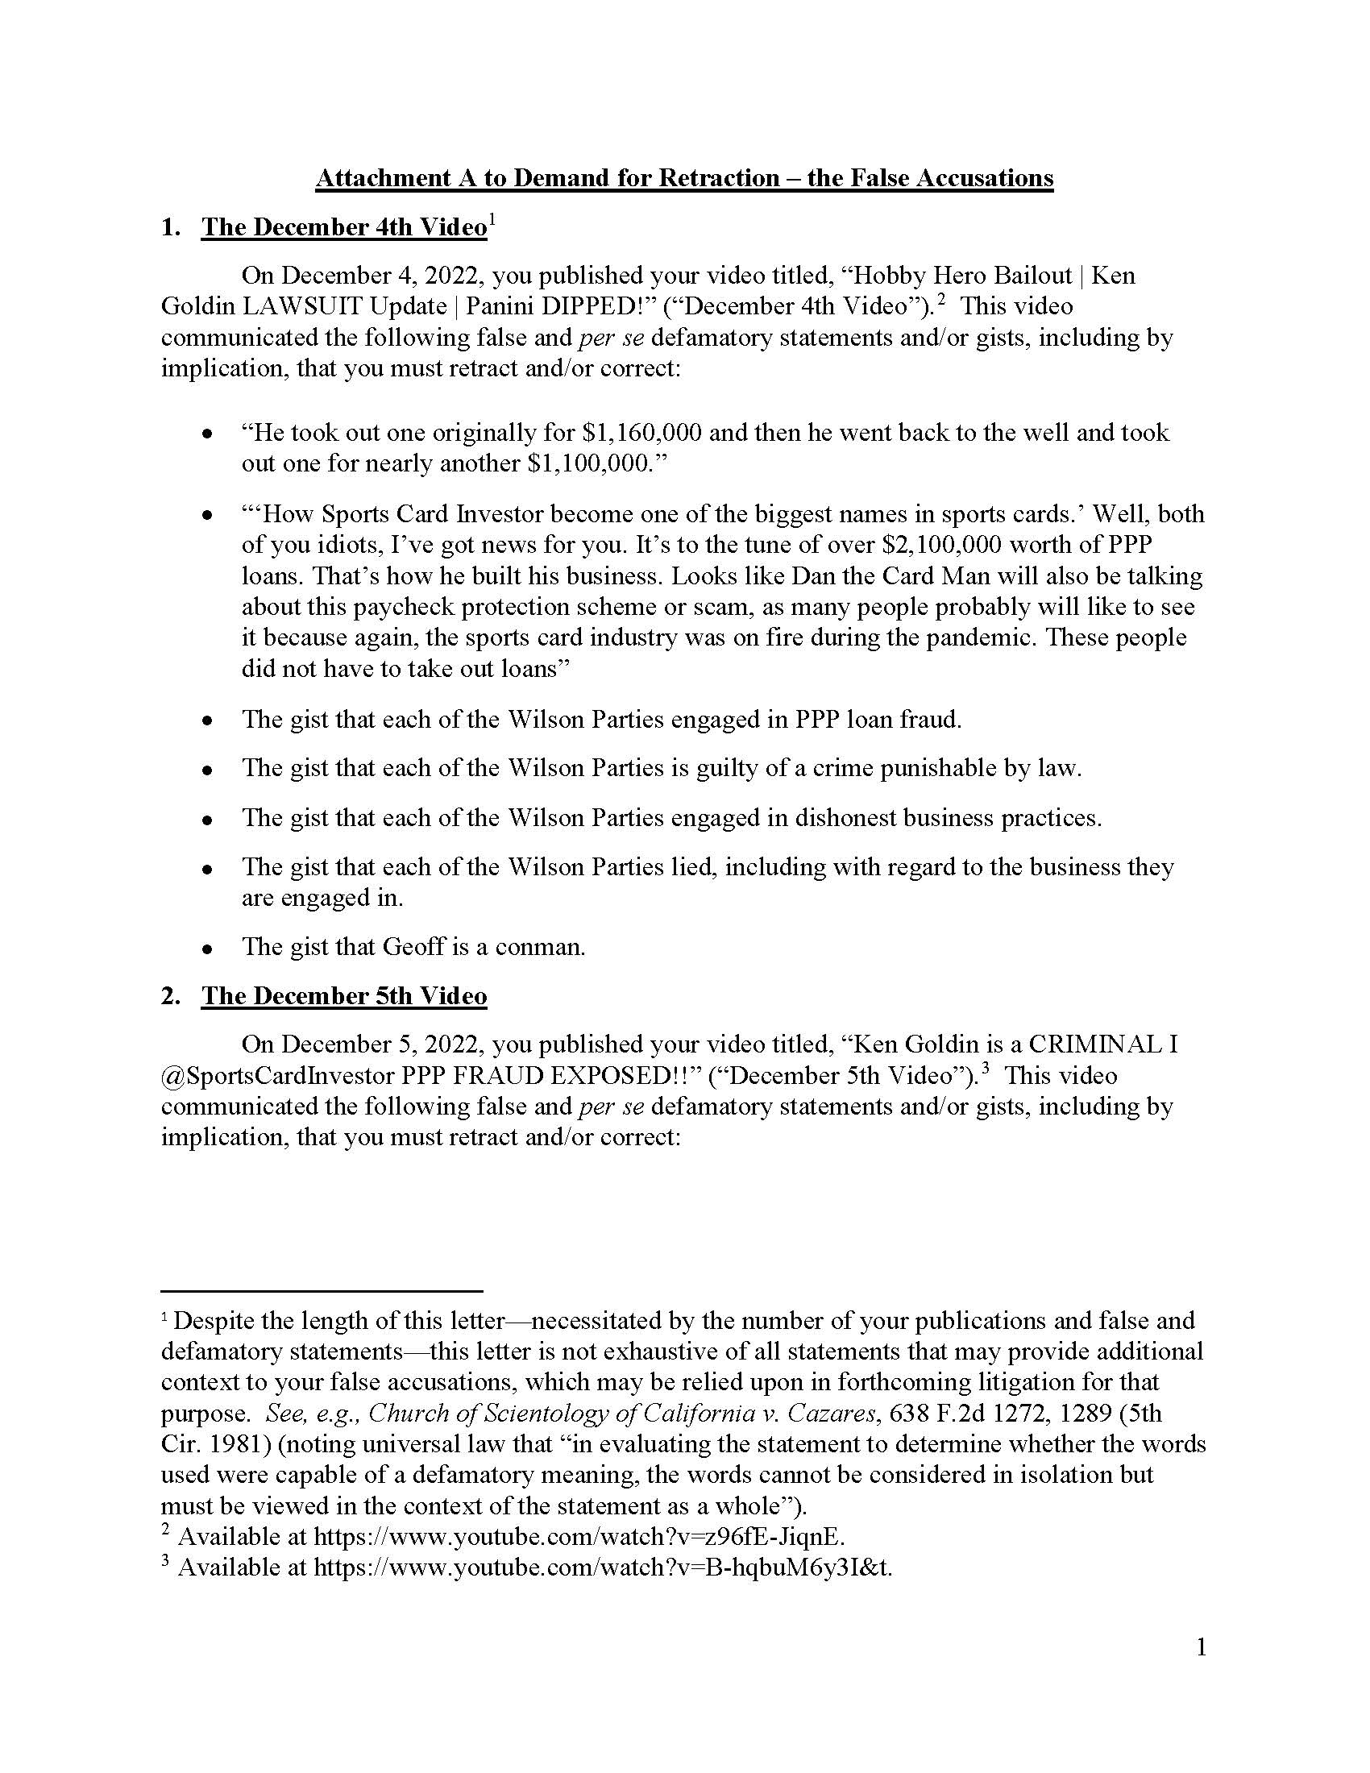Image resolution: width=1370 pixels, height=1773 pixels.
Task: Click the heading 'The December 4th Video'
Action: click(x=344, y=227)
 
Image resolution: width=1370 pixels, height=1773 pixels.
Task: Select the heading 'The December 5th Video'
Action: click(x=344, y=996)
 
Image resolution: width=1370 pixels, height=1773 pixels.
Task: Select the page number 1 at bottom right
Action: click(x=1202, y=1648)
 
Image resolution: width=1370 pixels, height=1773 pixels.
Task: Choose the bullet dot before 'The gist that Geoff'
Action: click(x=209, y=949)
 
